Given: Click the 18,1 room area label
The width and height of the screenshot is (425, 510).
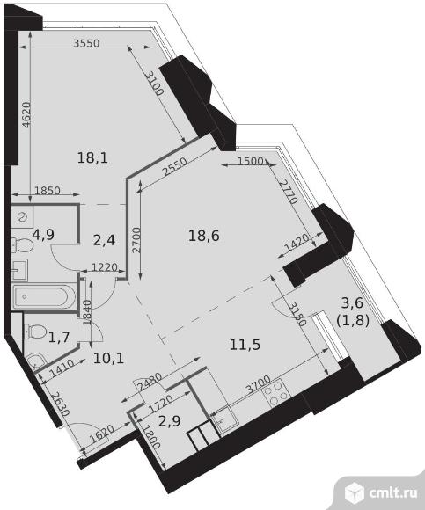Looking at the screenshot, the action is tap(92, 158).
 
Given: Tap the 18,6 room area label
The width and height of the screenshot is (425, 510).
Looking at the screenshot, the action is tap(204, 236).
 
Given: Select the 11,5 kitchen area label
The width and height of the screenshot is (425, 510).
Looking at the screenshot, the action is tap(245, 345).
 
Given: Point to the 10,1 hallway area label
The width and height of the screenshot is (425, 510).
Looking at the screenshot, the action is tap(108, 359).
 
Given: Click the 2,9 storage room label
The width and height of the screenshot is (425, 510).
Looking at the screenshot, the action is tap(169, 421).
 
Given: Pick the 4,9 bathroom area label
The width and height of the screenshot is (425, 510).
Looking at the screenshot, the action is tap(43, 234).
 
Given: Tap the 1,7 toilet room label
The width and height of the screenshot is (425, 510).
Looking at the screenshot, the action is tap(59, 338).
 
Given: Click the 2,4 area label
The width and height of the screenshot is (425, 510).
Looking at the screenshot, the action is tap(104, 240).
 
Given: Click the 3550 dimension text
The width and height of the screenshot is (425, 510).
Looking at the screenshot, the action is tap(86, 43).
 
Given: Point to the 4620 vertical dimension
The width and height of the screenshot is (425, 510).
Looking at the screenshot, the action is tap(26, 114).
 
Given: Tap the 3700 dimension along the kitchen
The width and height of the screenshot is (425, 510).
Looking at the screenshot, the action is tap(259, 384).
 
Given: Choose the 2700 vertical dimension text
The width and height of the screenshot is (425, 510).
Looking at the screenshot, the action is tap(136, 240).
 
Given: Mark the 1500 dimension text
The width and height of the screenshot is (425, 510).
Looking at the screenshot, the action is tap(251, 161).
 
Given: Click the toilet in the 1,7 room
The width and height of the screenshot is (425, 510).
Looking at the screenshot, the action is tap(35, 331).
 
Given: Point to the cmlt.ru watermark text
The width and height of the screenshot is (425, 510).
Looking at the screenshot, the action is tap(393, 493).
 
